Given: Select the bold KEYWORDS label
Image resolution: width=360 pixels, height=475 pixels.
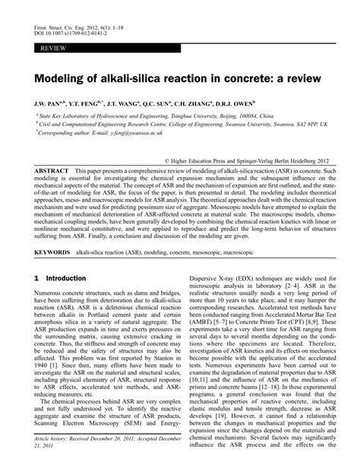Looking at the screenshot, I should [x=52, y=248].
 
